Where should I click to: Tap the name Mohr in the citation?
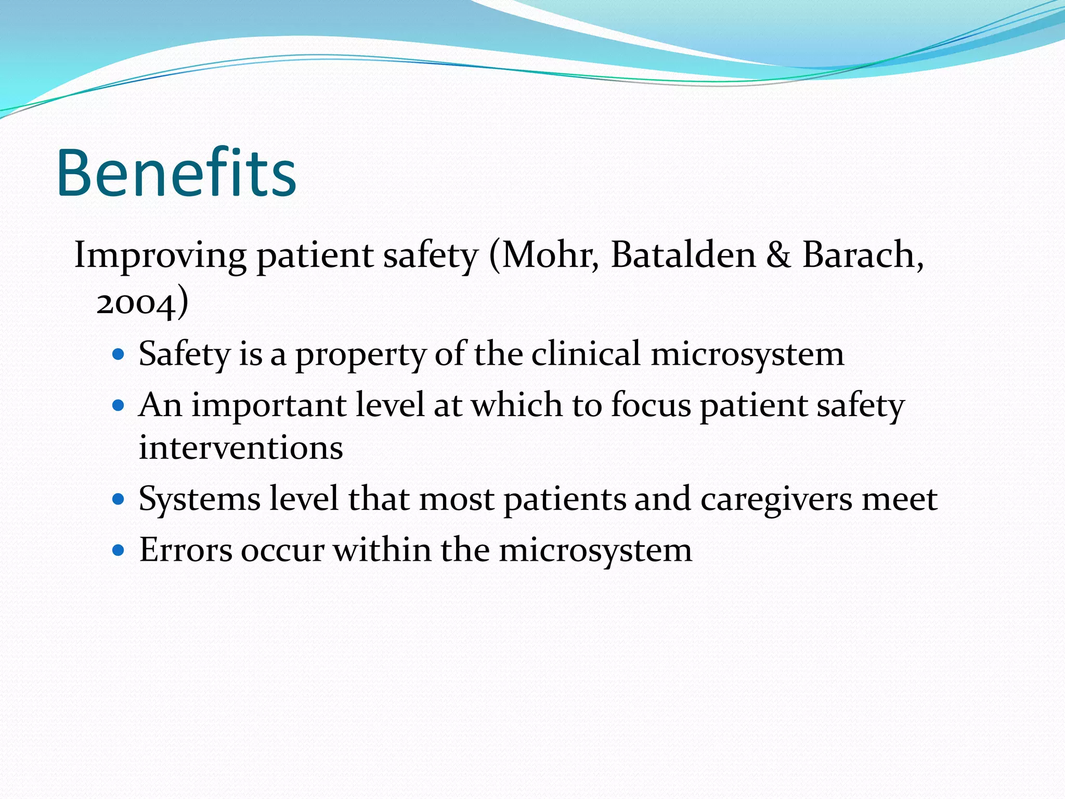(x=550, y=255)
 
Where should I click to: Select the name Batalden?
(x=683, y=255)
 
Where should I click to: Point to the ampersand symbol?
(x=778, y=255)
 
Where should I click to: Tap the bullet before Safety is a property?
(x=119, y=355)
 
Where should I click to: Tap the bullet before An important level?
(x=119, y=405)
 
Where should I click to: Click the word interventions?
(x=241, y=448)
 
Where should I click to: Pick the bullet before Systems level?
(x=119, y=499)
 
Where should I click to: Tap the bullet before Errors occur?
(x=119, y=550)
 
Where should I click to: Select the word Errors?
(x=185, y=550)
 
